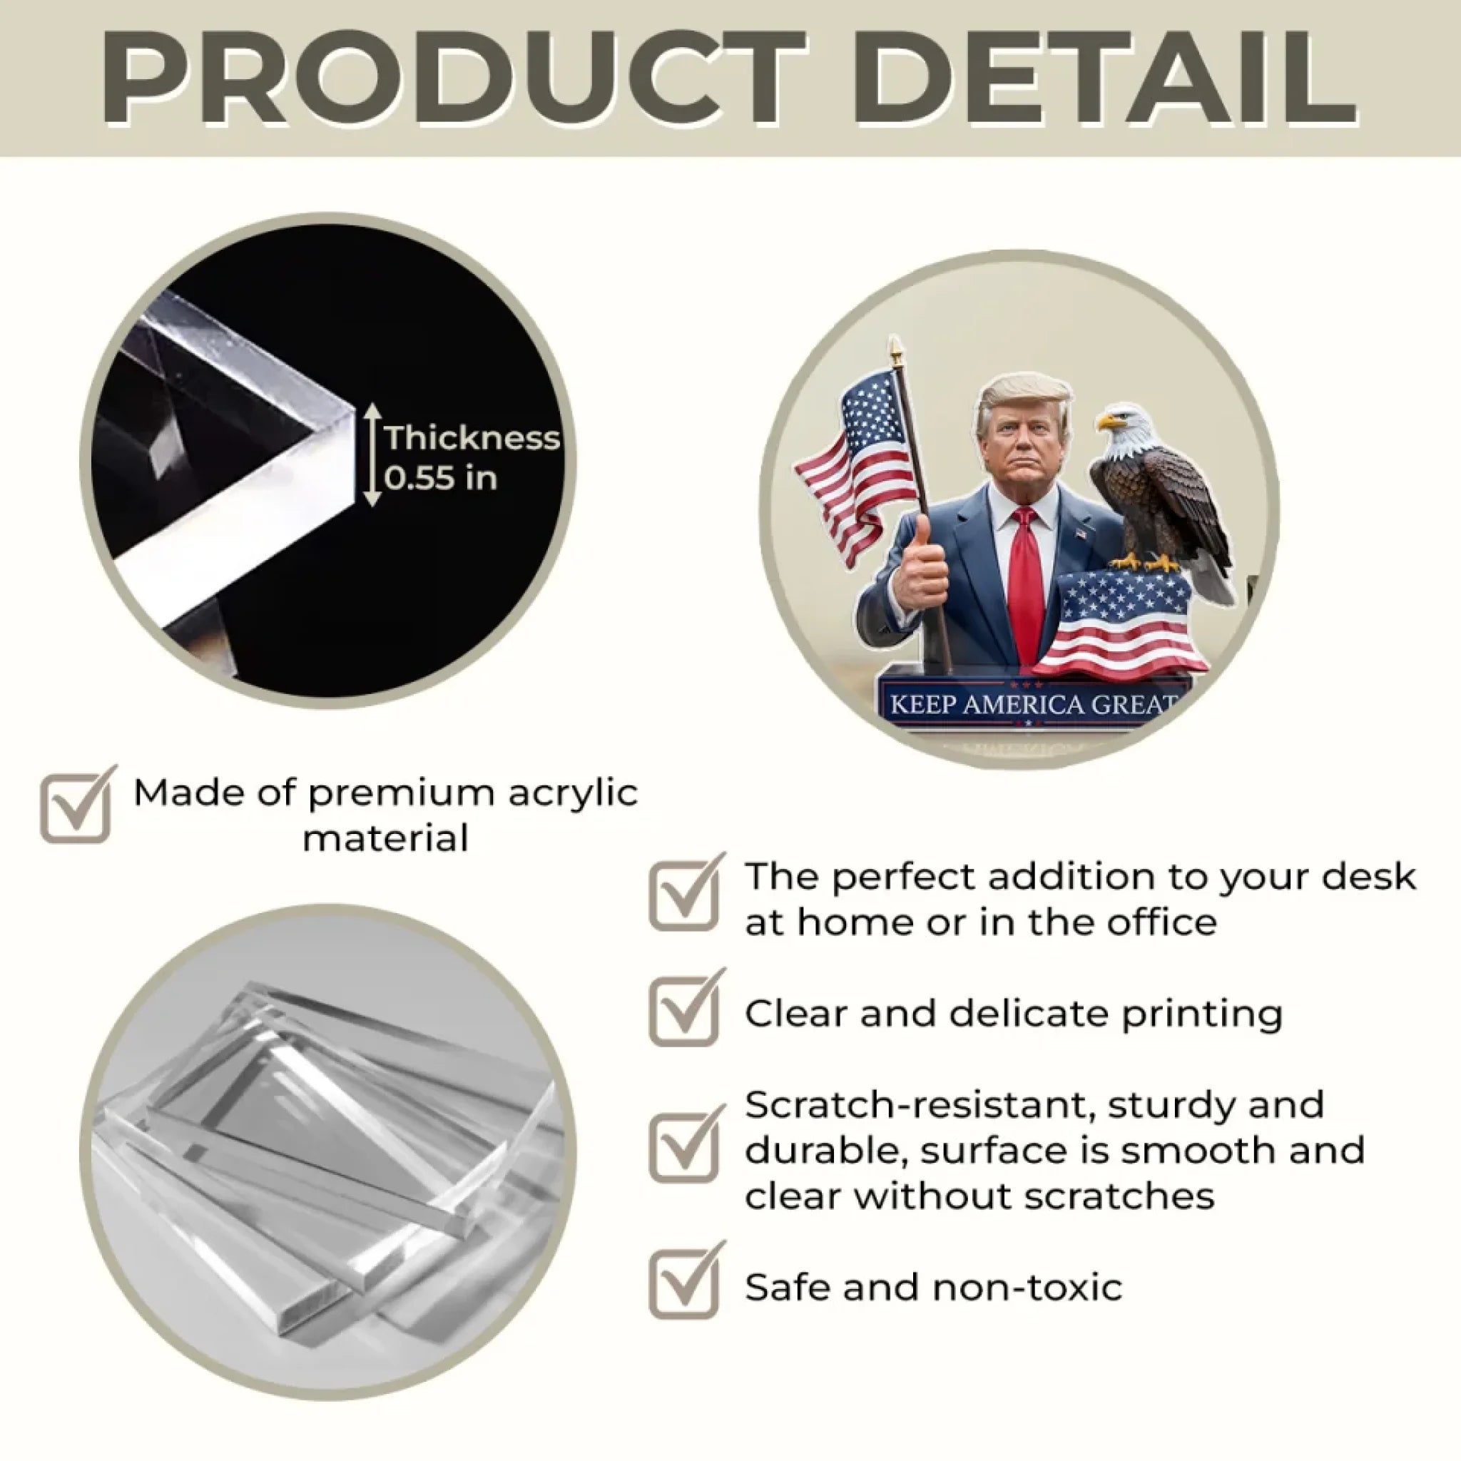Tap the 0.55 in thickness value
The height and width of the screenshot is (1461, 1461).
click(x=441, y=479)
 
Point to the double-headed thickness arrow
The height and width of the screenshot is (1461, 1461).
click(x=371, y=454)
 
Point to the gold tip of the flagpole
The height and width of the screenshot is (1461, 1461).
click(x=896, y=350)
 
